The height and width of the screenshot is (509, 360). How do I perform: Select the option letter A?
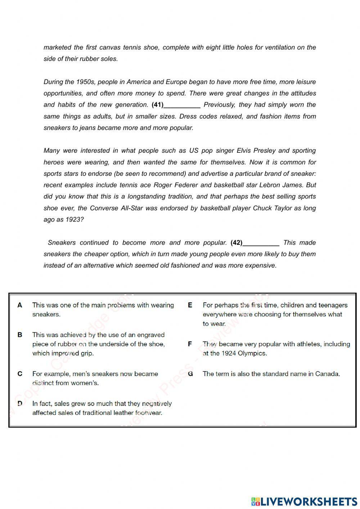pyautogui.click(x=20, y=305)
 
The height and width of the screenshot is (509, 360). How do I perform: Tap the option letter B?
pyautogui.click(x=20, y=335)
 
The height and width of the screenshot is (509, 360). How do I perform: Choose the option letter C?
pyautogui.click(x=20, y=374)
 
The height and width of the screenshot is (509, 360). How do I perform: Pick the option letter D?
pyautogui.click(x=20, y=403)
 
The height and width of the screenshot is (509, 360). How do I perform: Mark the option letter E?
pyautogui.click(x=190, y=305)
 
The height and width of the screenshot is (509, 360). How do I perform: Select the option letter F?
pyautogui.click(x=190, y=344)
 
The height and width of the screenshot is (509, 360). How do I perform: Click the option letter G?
pyautogui.click(x=190, y=374)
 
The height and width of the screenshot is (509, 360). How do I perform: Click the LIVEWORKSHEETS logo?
pyautogui.click(x=304, y=501)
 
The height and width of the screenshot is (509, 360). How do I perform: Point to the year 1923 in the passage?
pyautogui.click(x=73, y=220)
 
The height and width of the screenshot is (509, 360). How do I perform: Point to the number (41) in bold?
pyautogui.click(x=158, y=105)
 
